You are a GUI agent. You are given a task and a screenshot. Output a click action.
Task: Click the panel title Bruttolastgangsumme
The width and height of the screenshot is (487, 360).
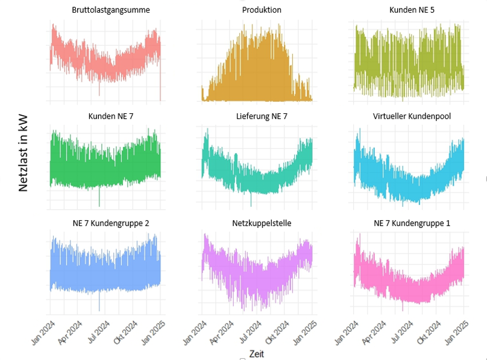[110, 10]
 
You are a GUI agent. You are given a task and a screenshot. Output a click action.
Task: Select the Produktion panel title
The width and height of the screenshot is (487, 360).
[261, 10]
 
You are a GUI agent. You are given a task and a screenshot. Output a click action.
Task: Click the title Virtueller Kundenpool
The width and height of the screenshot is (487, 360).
[412, 116]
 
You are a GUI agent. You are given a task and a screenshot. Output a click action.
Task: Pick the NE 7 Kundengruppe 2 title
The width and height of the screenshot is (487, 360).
[111, 223]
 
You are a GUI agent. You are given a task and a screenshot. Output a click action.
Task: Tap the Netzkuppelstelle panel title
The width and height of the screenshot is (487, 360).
[262, 223]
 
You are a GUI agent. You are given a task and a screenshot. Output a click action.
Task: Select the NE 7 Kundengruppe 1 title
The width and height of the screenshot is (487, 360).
[412, 223]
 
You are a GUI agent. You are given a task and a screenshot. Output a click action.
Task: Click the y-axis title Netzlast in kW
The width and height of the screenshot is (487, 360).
[24, 154]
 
